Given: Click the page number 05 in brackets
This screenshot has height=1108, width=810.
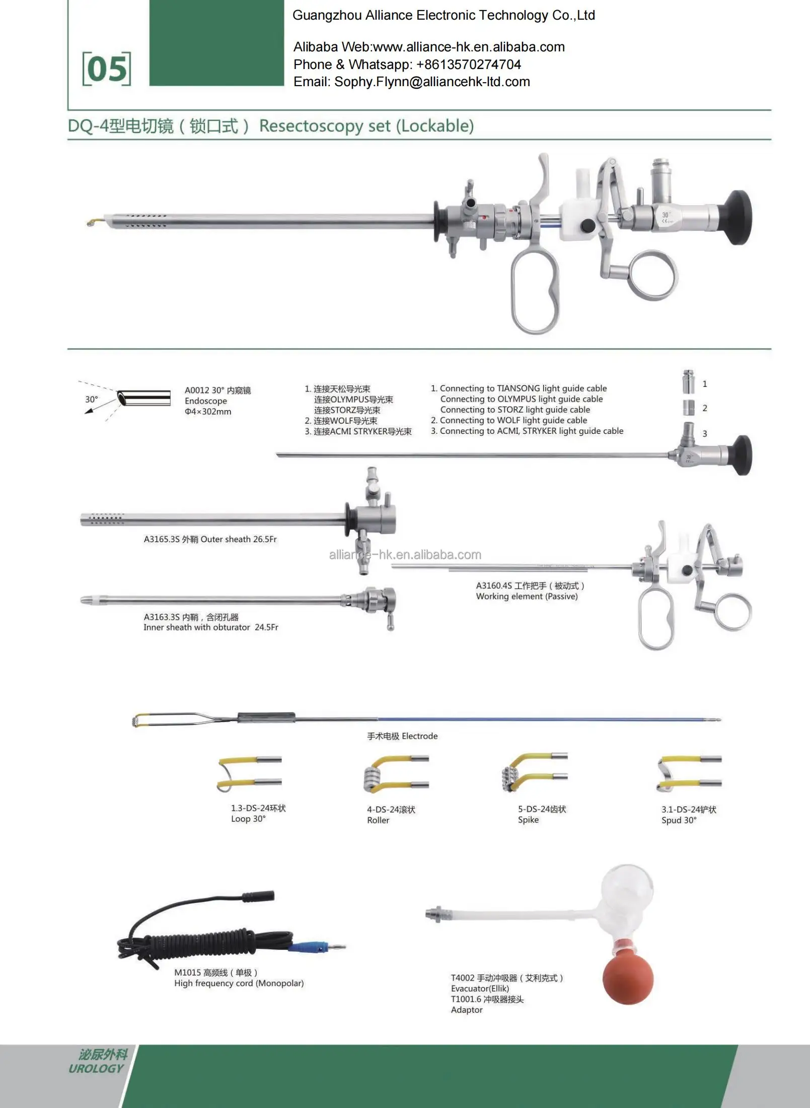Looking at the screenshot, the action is point(107,69).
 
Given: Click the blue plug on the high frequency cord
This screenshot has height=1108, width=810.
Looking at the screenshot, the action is point(307,947).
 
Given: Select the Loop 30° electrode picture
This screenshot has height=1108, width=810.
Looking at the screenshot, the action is point(250,773).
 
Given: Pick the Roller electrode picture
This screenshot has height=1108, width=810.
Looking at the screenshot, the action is point(396,773).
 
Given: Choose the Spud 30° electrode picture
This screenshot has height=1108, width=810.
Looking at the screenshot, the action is point(689,773).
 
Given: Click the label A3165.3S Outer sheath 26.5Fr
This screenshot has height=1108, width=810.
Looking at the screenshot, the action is point(210,539).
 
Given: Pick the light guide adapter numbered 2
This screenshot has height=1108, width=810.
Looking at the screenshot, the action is point(689,407).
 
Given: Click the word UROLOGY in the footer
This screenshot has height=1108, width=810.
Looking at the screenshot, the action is point(96,1068).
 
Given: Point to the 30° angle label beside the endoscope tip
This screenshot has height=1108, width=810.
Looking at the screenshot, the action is point(92,399).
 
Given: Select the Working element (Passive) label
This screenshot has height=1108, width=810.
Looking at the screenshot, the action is point(527,596).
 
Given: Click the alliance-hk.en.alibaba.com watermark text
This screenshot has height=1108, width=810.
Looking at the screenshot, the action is point(405,555).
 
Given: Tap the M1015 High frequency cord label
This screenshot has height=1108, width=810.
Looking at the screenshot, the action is point(239,977).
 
